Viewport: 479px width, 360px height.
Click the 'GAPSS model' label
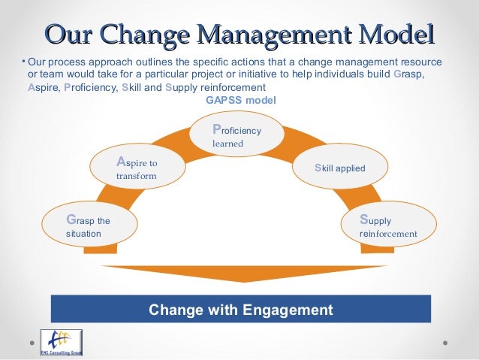click(240, 100)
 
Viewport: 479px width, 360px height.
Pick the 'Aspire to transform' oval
click(137, 168)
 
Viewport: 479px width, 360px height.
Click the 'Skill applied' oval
click(340, 168)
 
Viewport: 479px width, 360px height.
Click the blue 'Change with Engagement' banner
click(240, 309)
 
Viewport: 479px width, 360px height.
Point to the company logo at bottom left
click(61, 342)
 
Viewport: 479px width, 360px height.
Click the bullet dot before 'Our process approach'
click(23, 60)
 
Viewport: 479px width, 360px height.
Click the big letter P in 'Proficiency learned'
click(217, 129)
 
